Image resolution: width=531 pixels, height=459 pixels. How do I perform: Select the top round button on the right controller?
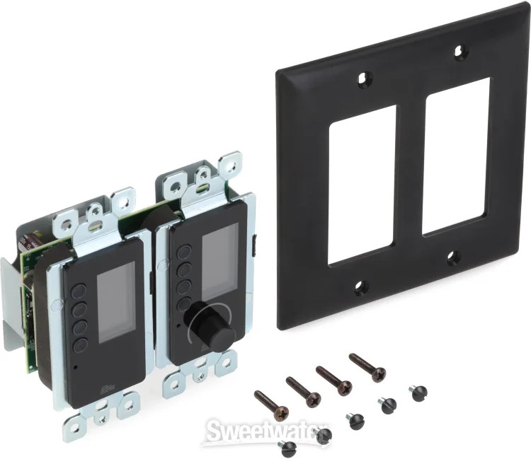coord(185,252)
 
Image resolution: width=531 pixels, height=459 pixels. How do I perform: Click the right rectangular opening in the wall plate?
coord(457,156)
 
